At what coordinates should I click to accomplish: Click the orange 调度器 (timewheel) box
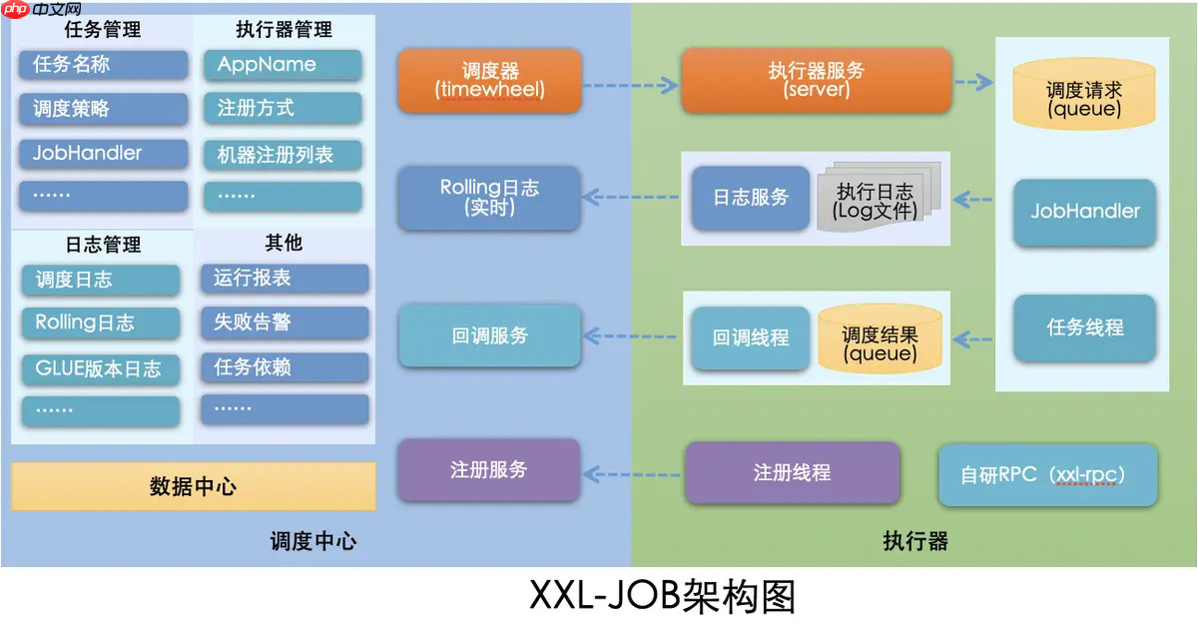coord(489,80)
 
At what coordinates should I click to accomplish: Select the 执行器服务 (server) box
coord(816,80)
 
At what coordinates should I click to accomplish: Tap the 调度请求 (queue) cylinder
coord(1084,98)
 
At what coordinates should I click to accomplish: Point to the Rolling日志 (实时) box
coord(489,198)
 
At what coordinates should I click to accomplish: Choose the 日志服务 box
coord(750,198)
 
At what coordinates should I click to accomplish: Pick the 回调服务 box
coord(489,335)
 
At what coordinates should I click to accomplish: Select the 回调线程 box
coord(750,337)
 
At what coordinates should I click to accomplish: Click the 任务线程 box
coord(1084,327)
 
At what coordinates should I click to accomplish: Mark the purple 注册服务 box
coord(489,469)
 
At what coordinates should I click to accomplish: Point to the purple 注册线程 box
coord(792,472)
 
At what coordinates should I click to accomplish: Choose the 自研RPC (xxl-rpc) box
coord(1047,474)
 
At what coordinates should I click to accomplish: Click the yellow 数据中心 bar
coord(194,486)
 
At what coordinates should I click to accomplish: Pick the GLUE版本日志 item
coord(101,368)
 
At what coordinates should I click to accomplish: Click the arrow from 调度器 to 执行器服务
coord(630,86)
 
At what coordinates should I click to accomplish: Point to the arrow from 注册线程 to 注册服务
coord(632,472)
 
